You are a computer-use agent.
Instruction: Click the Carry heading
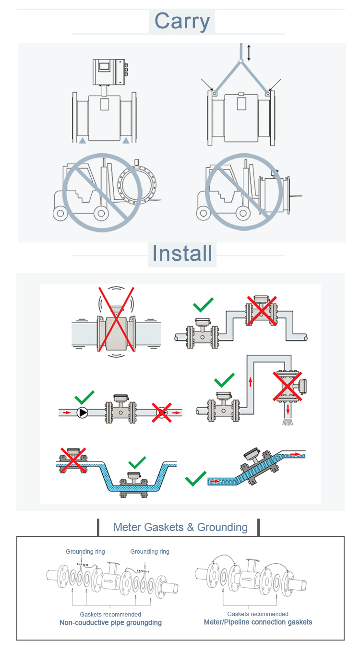coord(182,22)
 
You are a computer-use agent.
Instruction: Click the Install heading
coord(182,253)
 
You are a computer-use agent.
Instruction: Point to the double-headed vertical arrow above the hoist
coord(248,52)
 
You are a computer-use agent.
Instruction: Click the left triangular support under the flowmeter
coord(83,140)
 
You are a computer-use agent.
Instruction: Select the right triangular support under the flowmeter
coord(126,140)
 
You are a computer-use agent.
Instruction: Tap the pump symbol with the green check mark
coord(83,412)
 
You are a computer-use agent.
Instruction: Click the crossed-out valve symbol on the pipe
coord(162,412)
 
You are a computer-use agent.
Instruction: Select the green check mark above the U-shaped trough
coord(137,463)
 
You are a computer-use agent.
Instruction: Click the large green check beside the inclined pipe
coord(196,478)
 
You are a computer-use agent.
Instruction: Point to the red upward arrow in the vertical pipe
coord(250,382)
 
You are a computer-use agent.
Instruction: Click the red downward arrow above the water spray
coord(288,409)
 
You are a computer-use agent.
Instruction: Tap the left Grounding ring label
coord(85,552)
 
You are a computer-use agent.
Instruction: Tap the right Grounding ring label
coord(150,552)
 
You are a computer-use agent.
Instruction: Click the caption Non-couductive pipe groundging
coord(110,623)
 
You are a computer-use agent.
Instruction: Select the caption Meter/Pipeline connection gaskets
coord(258,622)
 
